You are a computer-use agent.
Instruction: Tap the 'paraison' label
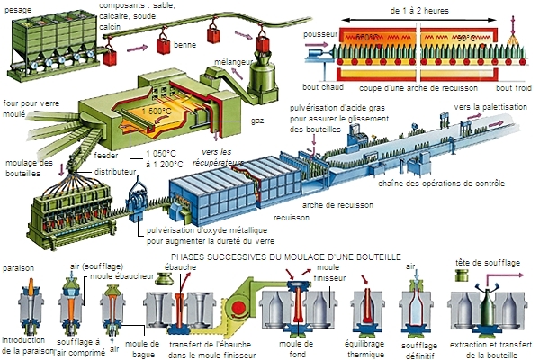(x=18, y=268)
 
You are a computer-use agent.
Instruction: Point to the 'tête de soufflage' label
(x=485, y=262)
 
